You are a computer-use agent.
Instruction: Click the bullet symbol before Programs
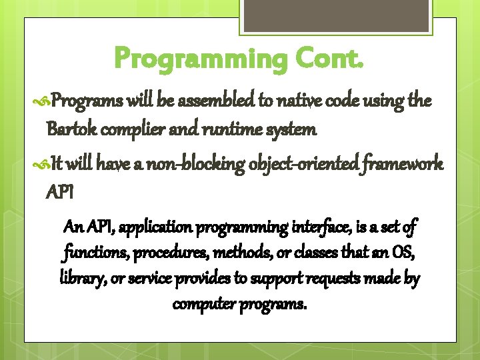click(x=42, y=101)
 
